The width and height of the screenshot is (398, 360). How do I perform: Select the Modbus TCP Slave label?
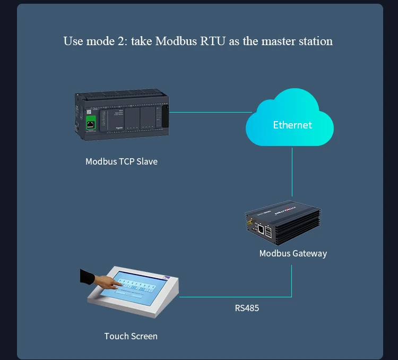tap(121, 161)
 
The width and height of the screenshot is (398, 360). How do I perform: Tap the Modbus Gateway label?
tap(293, 253)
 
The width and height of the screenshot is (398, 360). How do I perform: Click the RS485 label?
tap(247, 308)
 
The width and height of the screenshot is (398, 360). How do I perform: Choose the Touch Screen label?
tap(131, 336)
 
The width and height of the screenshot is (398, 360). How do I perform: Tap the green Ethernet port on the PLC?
tap(91, 124)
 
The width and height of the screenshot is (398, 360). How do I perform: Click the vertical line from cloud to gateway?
tap(292, 173)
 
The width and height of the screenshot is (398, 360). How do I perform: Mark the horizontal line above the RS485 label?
tap(233, 297)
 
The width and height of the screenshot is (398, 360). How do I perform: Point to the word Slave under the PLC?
tap(146, 161)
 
